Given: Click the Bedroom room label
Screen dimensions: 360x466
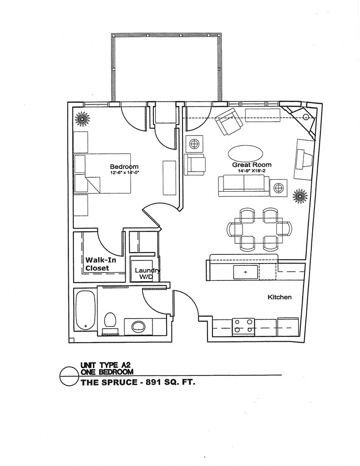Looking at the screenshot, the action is click(x=124, y=167).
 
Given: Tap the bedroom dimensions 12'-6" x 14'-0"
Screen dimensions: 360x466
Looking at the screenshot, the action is click(x=124, y=173).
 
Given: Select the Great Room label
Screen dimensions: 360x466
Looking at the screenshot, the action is click(x=252, y=165).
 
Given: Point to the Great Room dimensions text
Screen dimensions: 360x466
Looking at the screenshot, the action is click(x=252, y=171).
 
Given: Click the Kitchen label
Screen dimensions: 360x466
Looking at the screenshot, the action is click(x=279, y=297).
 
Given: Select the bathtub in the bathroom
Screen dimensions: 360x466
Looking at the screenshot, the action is click(x=85, y=311).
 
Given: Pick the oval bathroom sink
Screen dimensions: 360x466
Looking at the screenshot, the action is click(x=138, y=326).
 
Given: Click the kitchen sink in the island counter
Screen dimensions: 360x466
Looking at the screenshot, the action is click(x=245, y=272).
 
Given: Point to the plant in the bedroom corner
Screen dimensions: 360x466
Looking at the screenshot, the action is click(x=82, y=120).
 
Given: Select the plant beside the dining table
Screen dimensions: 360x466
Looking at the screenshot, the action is click(x=299, y=196).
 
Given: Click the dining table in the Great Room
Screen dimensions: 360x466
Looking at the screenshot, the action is click(x=258, y=229).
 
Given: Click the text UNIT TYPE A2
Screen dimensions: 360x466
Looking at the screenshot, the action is click(x=104, y=365).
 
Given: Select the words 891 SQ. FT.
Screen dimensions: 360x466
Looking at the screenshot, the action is click(x=170, y=382).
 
